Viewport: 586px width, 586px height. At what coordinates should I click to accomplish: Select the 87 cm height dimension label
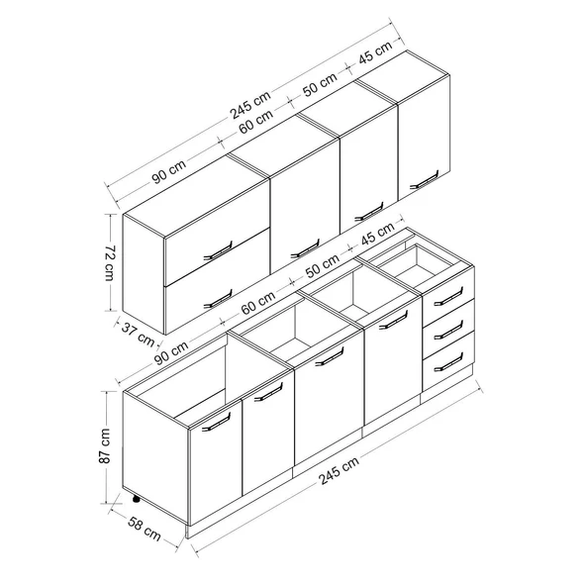(x=105, y=445)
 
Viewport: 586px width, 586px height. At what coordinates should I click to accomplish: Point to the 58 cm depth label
(x=145, y=529)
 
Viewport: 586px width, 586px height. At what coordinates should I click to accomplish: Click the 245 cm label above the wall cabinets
(x=250, y=105)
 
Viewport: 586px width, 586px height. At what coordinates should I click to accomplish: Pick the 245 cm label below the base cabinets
(x=339, y=470)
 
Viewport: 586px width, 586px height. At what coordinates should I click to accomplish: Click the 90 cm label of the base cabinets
(x=171, y=352)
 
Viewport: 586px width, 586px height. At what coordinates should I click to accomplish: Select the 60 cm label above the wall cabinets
(x=256, y=122)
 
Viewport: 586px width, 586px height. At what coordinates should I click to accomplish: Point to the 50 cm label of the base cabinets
(x=323, y=266)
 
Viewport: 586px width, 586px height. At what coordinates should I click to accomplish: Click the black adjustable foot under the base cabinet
(x=136, y=498)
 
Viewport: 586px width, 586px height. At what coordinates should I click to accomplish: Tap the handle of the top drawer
(x=448, y=296)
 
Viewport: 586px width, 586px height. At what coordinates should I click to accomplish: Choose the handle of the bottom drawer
(x=448, y=362)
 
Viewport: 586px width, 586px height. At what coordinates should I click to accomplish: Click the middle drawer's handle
(x=448, y=330)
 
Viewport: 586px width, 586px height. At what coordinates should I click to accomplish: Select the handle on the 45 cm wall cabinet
(x=425, y=180)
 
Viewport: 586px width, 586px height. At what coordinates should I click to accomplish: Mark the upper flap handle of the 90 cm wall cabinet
(x=218, y=250)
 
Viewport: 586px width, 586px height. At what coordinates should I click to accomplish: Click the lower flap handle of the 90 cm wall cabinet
(x=218, y=299)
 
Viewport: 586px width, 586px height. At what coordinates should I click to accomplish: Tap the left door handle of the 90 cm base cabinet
(x=217, y=422)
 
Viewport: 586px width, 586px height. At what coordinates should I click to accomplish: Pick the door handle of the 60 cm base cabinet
(x=330, y=356)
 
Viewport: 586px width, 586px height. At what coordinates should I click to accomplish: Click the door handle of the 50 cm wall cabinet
(x=369, y=212)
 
